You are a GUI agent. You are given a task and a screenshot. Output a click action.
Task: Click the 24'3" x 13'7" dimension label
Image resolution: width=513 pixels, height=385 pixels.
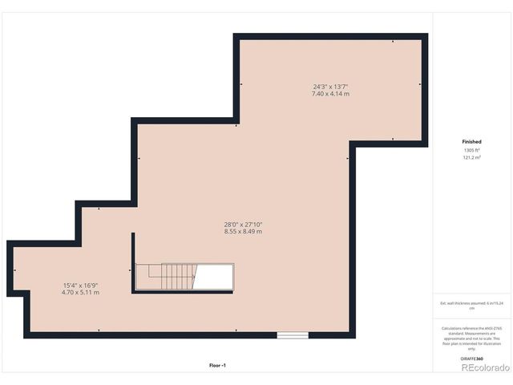click(x=330, y=87)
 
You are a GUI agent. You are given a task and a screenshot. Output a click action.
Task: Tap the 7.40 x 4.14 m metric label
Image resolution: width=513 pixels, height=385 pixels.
click(x=330, y=94)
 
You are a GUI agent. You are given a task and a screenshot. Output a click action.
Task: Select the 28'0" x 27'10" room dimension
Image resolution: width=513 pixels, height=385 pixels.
click(x=243, y=224)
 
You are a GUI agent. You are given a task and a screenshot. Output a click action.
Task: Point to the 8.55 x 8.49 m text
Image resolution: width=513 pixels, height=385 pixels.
click(x=243, y=231)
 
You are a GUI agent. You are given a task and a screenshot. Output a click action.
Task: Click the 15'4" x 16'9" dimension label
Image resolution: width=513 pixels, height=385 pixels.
click(x=80, y=286)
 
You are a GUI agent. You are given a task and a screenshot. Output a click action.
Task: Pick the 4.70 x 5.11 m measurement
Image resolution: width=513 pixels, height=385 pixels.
click(x=80, y=293)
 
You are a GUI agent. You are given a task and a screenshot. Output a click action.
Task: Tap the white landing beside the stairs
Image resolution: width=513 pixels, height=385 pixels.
click(x=215, y=278)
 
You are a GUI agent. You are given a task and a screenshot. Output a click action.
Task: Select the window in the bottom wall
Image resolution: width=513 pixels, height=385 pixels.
click(x=293, y=335)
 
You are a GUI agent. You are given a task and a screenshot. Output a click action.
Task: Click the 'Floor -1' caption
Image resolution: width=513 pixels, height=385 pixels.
click(x=218, y=365)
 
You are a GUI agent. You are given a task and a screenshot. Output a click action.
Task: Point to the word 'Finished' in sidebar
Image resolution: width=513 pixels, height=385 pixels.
click(x=471, y=141)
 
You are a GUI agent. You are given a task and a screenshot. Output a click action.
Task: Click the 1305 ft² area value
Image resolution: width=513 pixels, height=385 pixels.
click(x=471, y=150)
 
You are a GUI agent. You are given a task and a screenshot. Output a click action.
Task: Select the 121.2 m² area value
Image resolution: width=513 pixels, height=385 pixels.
click(x=471, y=157)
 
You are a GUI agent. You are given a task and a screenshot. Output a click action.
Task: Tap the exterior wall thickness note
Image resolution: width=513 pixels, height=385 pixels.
click(x=471, y=305)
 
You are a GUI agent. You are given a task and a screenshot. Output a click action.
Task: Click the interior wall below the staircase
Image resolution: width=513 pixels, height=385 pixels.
click(x=184, y=292)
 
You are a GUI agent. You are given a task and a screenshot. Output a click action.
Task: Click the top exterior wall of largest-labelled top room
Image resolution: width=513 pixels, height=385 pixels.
click(x=330, y=37)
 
